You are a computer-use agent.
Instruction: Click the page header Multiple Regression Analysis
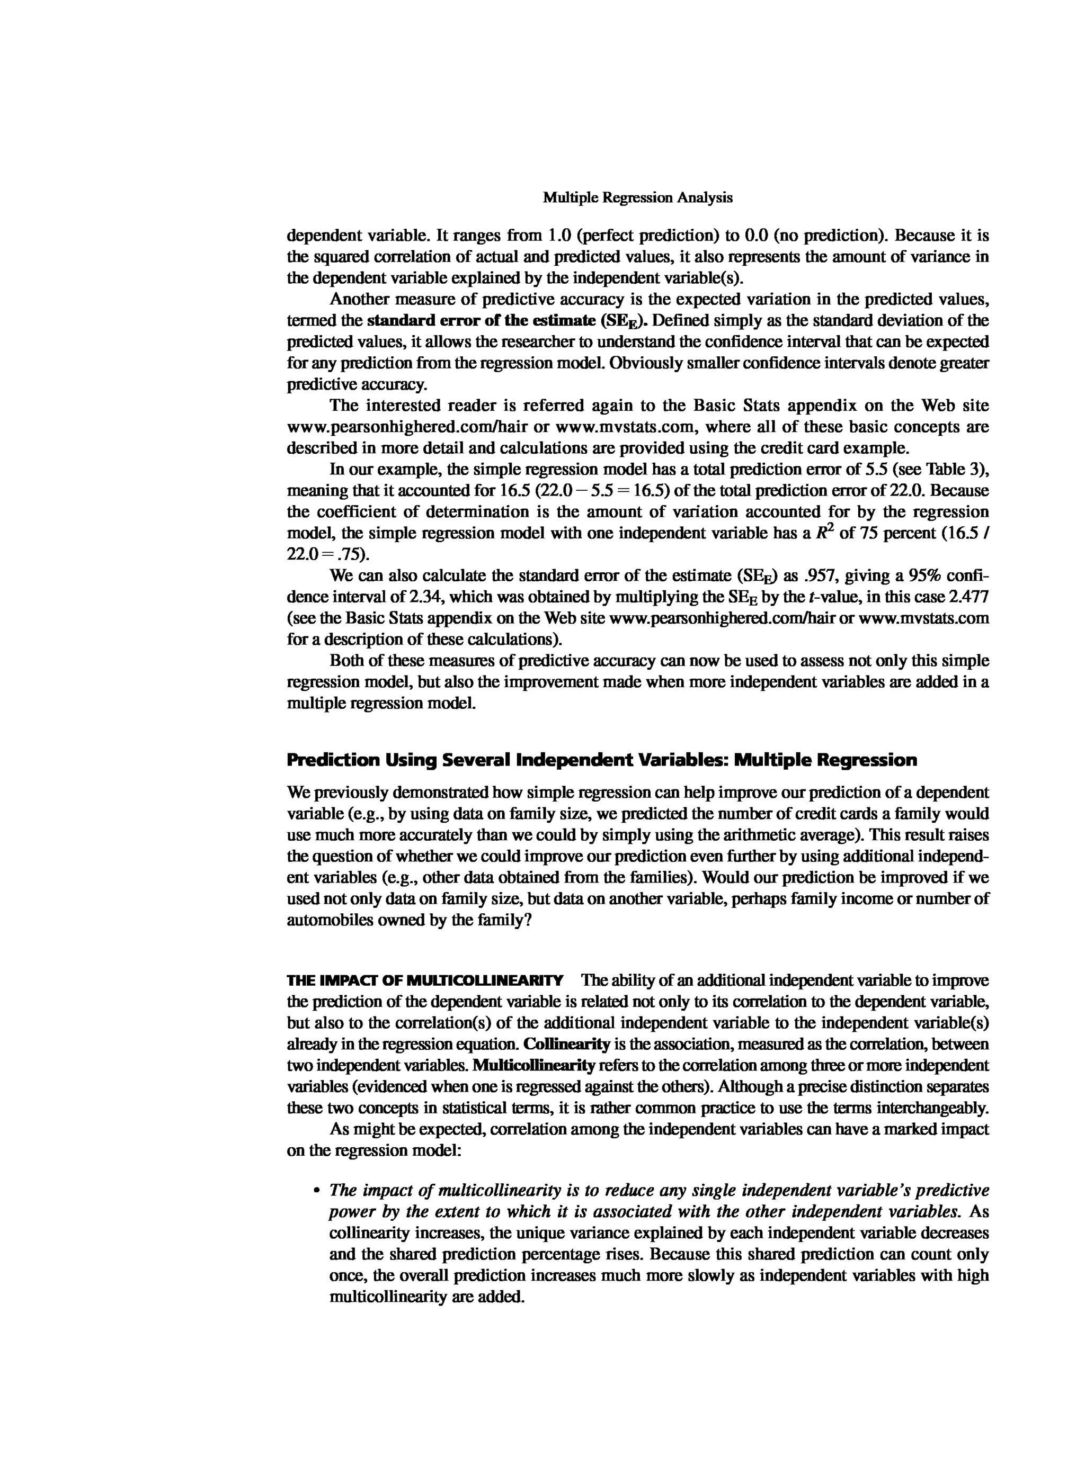(637, 197)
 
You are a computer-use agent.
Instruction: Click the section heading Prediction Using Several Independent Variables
(601, 760)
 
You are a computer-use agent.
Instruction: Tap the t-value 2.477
(968, 597)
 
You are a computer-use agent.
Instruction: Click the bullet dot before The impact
(317, 1191)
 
